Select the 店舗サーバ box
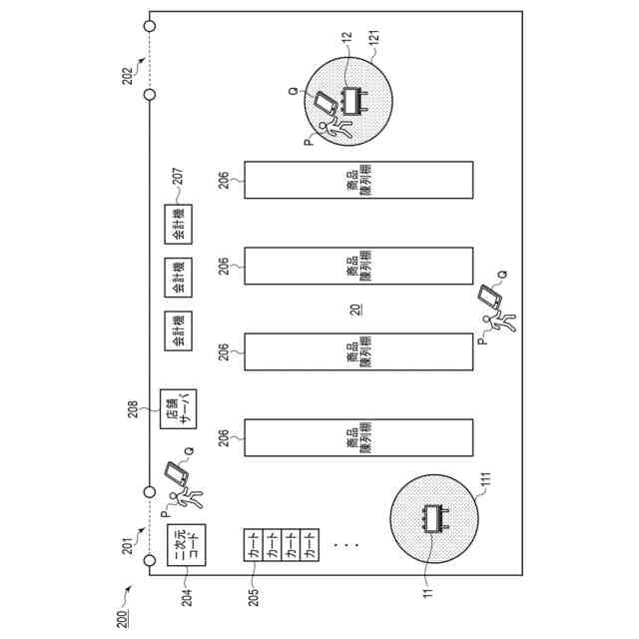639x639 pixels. [x=180, y=409]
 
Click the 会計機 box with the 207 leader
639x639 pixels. [x=180, y=226]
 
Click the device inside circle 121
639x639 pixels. [x=355, y=101]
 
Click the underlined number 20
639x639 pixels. [x=356, y=310]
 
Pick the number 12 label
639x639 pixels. [x=346, y=38]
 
